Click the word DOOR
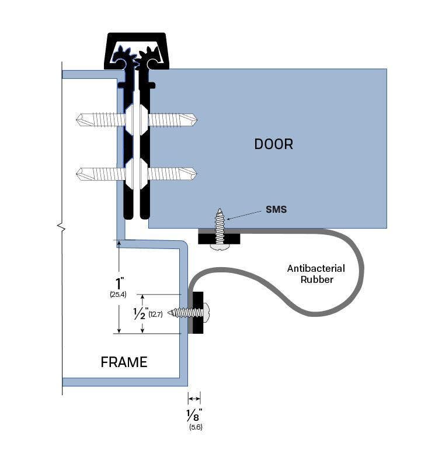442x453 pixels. (x=273, y=144)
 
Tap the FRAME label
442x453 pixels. (x=124, y=362)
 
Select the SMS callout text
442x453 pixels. (x=276, y=209)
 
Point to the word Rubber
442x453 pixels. (x=316, y=279)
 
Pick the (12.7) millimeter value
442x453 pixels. (x=155, y=314)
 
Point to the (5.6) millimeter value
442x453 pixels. (x=196, y=427)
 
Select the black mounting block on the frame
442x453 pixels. (x=197, y=313)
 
